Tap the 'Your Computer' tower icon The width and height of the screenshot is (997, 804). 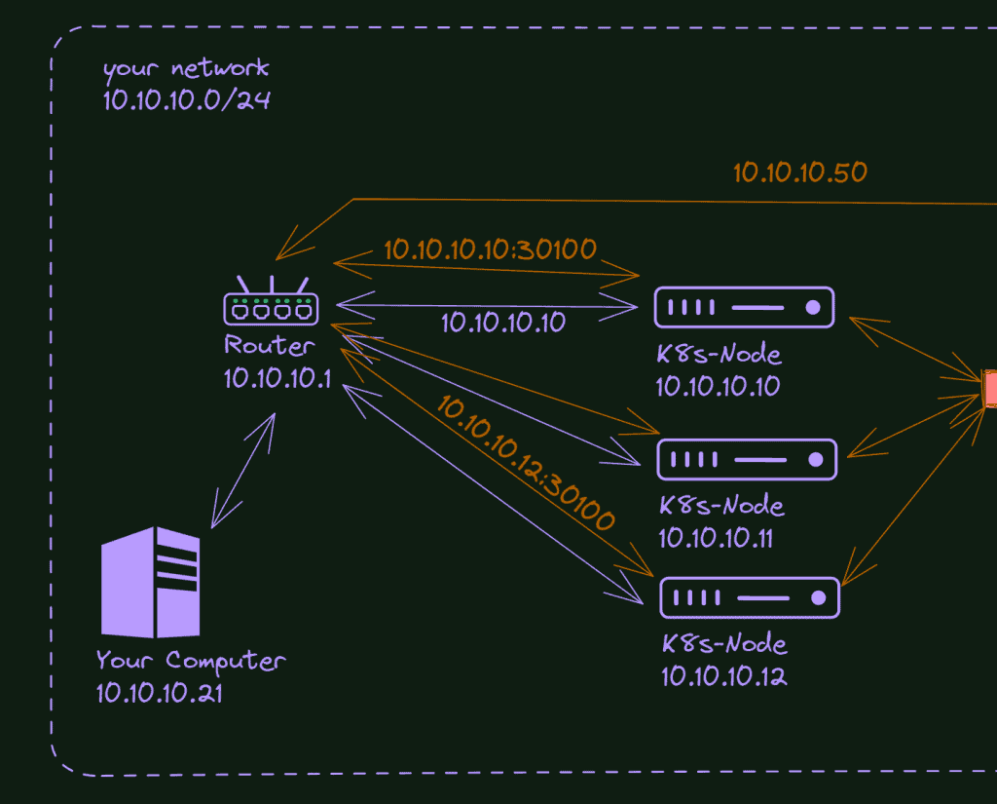[x=151, y=582]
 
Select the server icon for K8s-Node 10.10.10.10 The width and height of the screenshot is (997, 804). [x=744, y=307]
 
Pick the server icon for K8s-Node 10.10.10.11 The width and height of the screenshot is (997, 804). [x=747, y=459]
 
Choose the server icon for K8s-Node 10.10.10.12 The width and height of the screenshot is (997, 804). [x=750, y=597]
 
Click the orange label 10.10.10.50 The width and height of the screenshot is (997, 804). [x=799, y=172]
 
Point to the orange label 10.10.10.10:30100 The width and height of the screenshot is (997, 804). [x=490, y=249]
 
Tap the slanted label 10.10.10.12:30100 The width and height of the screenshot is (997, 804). [x=526, y=463]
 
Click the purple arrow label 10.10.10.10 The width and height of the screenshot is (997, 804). [x=502, y=323]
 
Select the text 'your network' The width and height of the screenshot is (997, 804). [x=186, y=69]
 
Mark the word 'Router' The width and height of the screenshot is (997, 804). [x=270, y=345]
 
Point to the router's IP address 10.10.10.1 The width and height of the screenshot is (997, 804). [x=277, y=378]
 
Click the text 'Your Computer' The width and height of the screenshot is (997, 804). [x=191, y=661]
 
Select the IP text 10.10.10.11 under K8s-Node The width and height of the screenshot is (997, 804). [x=716, y=537]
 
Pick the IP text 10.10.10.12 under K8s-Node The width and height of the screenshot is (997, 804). [x=723, y=675]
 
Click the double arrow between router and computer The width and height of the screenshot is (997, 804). [x=243, y=470]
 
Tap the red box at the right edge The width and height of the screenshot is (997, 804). [x=990, y=387]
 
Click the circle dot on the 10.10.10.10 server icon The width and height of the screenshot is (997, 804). [x=813, y=308]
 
